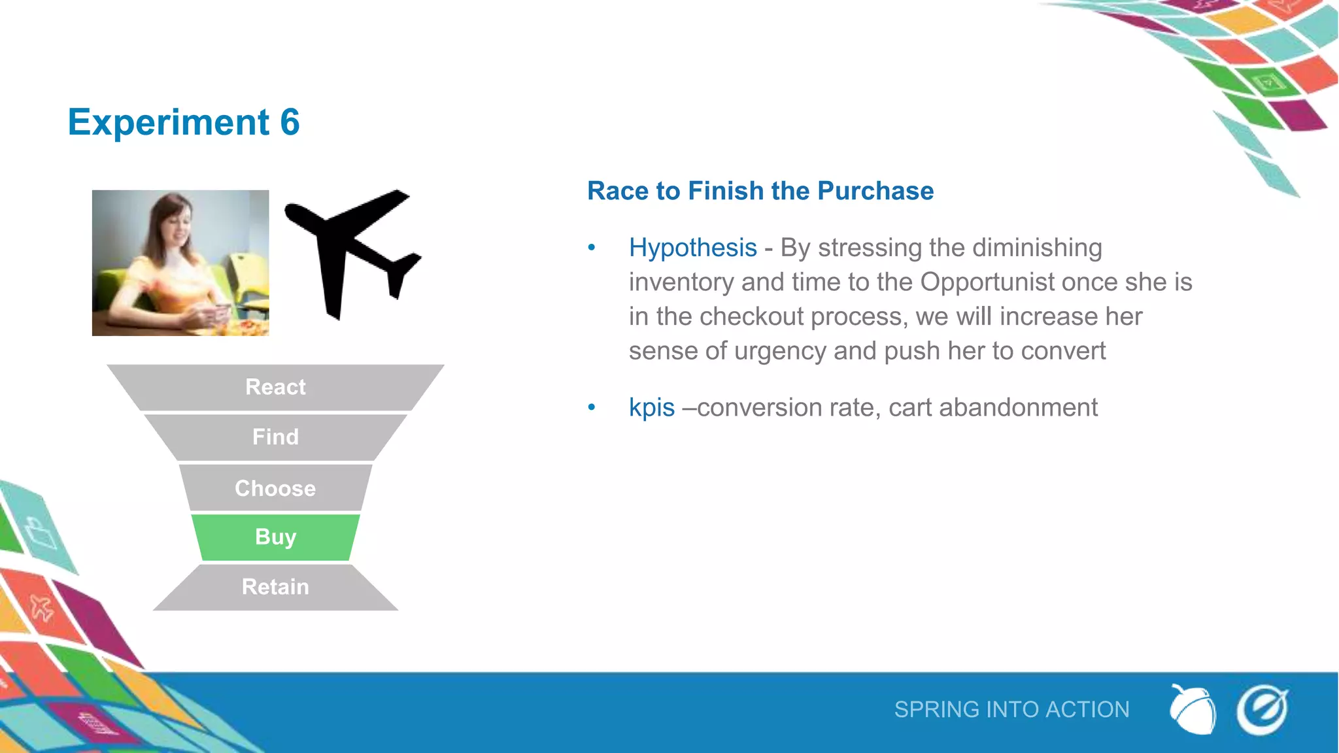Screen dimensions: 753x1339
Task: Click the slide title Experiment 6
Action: coord(184,122)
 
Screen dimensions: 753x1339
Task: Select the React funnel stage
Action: coord(275,387)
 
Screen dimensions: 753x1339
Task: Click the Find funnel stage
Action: coord(275,437)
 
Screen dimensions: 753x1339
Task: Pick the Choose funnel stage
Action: coord(275,488)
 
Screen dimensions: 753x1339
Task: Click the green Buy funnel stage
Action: coord(275,537)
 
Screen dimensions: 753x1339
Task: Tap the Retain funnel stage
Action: coord(275,587)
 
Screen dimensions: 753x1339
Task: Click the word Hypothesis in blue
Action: coord(692,248)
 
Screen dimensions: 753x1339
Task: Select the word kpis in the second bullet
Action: coord(651,407)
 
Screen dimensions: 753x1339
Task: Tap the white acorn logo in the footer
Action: coord(1193,710)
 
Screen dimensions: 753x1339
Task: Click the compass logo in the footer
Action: coord(1262,710)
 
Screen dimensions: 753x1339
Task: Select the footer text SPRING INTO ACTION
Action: coord(1011,710)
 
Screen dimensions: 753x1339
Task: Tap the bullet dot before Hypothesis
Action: coord(592,248)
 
